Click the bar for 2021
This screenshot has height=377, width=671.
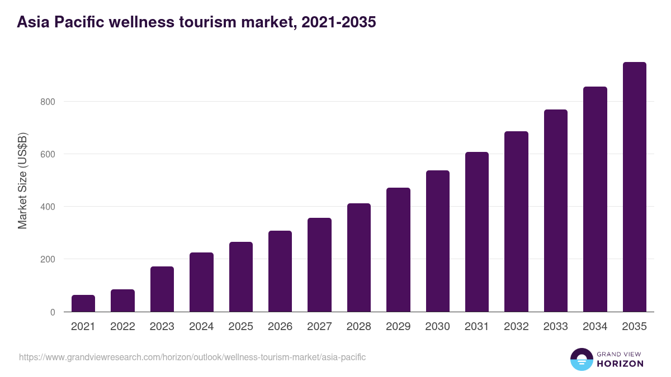tap(83, 303)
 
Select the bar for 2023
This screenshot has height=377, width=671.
tap(162, 289)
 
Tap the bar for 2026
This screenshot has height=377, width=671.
tap(280, 271)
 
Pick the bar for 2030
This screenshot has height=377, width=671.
tap(437, 241)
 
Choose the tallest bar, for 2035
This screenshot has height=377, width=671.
tap(634, 187)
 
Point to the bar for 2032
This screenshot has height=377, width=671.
tap(516, 222)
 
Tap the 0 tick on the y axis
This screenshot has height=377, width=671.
tap(53, 312)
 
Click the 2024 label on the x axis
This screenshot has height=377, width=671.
tap(201, 327)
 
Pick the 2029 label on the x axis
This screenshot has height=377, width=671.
tap(398, 327)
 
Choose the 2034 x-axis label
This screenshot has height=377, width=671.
tap(595, 327)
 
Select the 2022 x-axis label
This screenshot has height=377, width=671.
tap(122, 327)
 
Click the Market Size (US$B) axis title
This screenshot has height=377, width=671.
tap(22, 180)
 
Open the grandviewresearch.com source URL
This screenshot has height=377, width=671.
tap(192, 357)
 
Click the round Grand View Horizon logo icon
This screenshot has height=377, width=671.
tap(581, 359)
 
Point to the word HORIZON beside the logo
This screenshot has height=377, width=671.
tap(620, 364)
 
